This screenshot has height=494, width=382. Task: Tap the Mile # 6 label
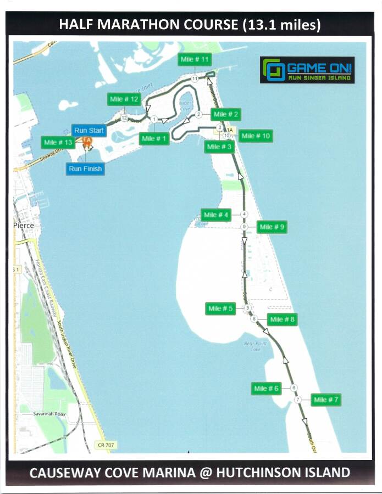click(267, 389)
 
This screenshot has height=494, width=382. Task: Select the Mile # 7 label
click(326, 400)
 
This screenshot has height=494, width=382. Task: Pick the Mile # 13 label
click(58, 142)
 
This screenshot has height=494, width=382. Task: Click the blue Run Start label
click(89, 131)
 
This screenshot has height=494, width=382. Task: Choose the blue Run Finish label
click(85, 169)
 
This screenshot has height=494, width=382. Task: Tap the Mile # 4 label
click(215, 215)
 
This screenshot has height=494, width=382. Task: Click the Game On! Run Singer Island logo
click(307, 70)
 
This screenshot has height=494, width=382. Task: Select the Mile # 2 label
click(226, 114)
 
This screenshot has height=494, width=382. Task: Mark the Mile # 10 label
click(256, 136)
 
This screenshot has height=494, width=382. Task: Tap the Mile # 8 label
click(283, 319)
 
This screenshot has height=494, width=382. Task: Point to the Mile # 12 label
click(124, 99)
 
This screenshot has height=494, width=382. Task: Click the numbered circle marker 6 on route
click(294, 388)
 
